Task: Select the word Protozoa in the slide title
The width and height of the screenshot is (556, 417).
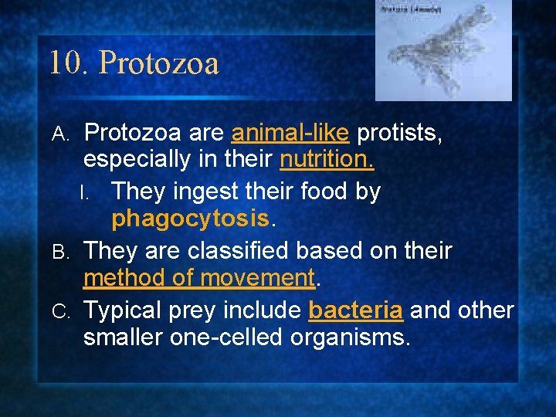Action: click(x=159, y=63)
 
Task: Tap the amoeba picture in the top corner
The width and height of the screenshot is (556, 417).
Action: click(x=442, y=50)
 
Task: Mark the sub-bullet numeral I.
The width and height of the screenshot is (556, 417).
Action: click(x=92, y=192)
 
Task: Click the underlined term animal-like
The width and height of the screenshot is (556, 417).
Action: click(x=290, y=133)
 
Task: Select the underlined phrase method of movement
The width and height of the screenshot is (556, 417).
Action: click(x=199, y=276)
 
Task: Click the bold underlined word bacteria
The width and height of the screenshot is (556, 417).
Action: click(x=354, y=310)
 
